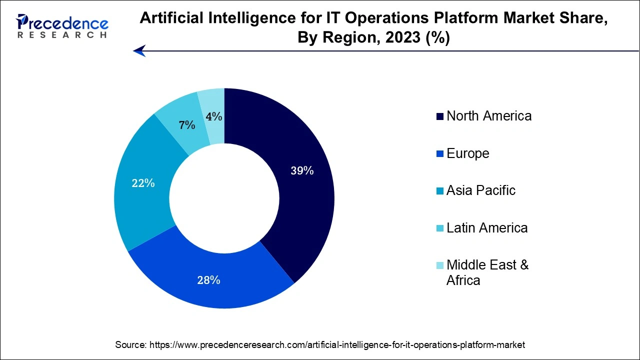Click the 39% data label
tap(302, 171)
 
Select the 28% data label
tap(208, 280)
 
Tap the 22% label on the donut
tap(143, 183)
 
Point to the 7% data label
tap(187, 125)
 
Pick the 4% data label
tap(213, 116)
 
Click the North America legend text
tap(488, 116)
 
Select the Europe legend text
tap(467, 153)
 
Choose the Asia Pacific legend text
tap(480, 190)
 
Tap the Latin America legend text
tap(486, 228)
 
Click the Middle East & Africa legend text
tap(487, 272)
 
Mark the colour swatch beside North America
tap(440, 116)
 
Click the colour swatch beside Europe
tap(440, 154)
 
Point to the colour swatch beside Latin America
tap(440, 228)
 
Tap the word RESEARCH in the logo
tap(62, 35)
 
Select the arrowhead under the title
tap(139, 50)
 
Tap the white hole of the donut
tap(224, 198)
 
